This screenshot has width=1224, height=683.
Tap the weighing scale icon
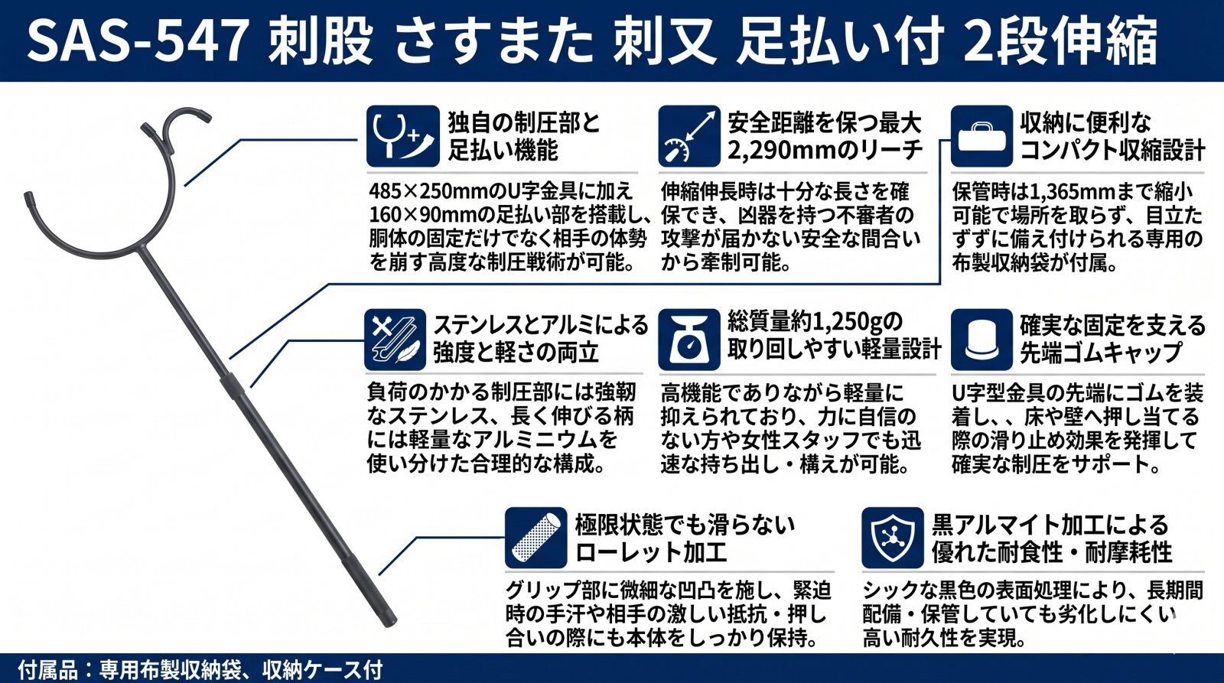click(689, 340)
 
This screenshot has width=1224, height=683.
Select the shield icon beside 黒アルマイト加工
click(892, 538)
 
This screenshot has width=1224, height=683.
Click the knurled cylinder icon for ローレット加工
click(535, 538)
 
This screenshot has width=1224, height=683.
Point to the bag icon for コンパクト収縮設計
click(981, 136)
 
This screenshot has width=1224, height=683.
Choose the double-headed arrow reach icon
click(689, 136)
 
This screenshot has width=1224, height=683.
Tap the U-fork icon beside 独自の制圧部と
click(402, 136)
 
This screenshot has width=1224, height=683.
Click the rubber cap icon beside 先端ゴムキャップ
click(981, 340)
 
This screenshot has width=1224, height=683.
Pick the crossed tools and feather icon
click(395, 340)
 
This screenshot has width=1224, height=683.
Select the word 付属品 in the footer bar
click(49, 668)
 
